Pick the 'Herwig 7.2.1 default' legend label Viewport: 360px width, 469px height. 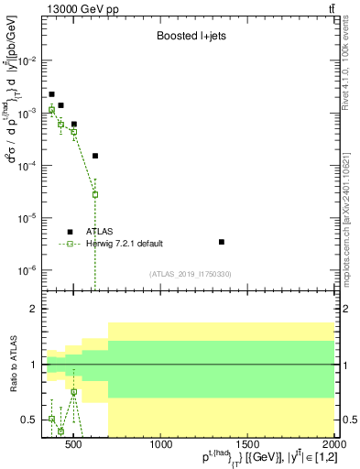coord(125,244)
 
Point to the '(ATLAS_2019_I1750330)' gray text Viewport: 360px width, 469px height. coord(190,273)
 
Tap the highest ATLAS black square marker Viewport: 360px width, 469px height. coord(51,94)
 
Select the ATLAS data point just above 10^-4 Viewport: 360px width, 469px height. coord(95,156)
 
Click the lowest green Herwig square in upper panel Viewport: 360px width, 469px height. coord(95,194)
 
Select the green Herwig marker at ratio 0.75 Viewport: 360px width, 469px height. coord(73,392)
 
